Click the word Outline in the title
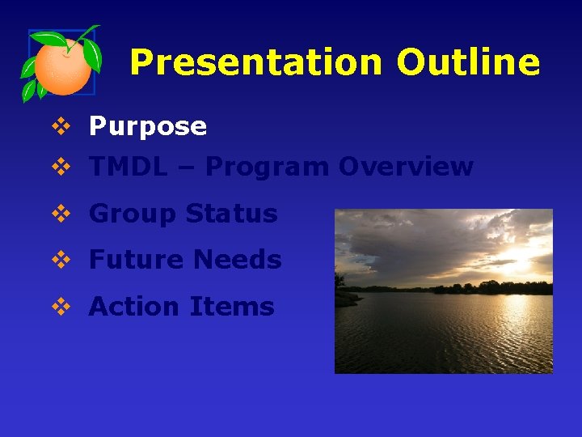(x=468, y=62)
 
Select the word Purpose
(x=148, y=126)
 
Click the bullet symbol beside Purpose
(x=61, y=126)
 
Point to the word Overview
(x=406, y=167)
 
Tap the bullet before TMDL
(x=61, y=168)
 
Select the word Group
(x=133, y=214)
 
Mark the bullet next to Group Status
(x=61, y=214)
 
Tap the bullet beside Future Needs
(x=61, y=261)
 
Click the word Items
(x=232, y=307)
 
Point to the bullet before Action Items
(x=61, y=308)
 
